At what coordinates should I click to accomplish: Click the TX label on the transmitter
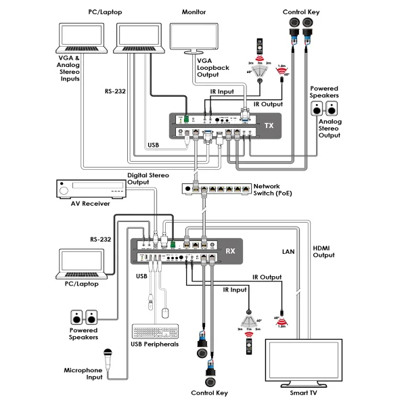pyautogui.click(x=268, y=126)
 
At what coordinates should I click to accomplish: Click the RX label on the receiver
pyautogui.click(x=230, y=251)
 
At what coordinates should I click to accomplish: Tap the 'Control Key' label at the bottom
pyautogui.click(x=209, y=392)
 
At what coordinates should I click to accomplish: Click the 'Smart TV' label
pyautogui.click(x=302, y=392)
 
